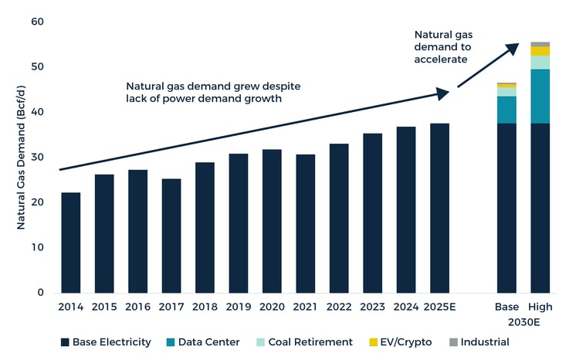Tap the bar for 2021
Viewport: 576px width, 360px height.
coord(305,223)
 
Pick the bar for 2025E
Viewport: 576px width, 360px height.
coord(439,208)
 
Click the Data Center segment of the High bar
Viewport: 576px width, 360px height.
coord(540,97)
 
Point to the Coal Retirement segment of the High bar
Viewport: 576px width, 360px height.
coord(540,63)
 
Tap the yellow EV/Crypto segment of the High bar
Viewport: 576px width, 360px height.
coord(540,51)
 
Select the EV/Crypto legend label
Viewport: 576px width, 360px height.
coord(405,341)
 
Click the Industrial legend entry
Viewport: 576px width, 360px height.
coord(485,341)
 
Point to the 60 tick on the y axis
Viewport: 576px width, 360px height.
coord(38,22)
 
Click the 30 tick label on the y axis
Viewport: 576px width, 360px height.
coord(38,158)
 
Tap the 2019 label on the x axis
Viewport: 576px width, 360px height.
coord(238,307)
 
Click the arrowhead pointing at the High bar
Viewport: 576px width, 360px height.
coord(513,48)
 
